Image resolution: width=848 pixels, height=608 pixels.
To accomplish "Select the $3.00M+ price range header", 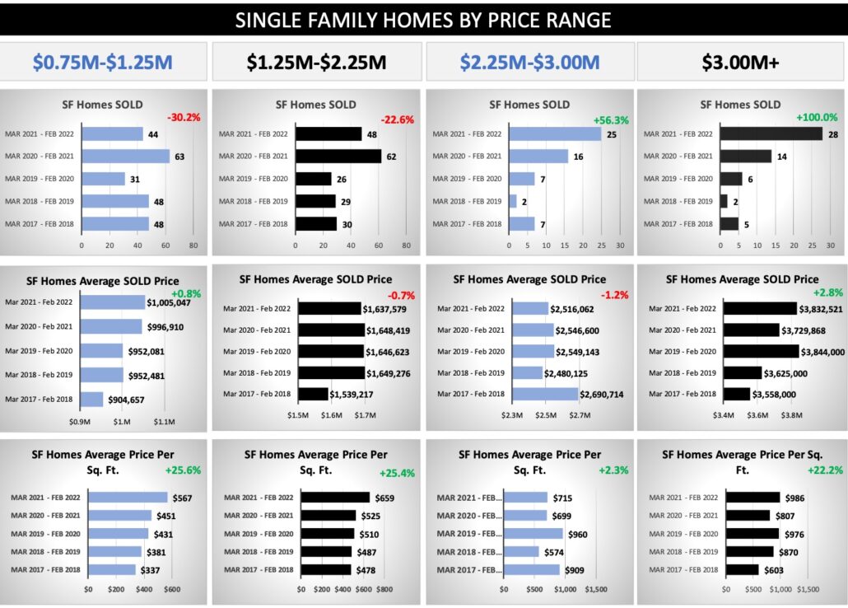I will click(x=741, y=62).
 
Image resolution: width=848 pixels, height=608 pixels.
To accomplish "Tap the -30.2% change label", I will click(x=184, y=118).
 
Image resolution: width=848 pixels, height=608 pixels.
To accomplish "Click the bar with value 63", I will click(x=125, y=157).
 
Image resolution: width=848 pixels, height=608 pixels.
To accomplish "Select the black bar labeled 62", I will click(x=338, y=157).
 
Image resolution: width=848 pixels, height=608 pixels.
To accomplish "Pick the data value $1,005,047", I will click(x=169, y=303).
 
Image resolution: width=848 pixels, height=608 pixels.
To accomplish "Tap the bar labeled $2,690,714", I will click(x=544, y=395).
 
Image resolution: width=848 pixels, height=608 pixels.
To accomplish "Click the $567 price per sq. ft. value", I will click(x=183, y=498).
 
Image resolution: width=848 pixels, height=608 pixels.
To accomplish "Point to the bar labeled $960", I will click(x=533, y=534).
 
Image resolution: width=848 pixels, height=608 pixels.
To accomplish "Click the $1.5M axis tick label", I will click(x=297, y=415).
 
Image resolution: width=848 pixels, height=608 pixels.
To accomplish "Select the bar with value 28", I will click(x=771, y=133).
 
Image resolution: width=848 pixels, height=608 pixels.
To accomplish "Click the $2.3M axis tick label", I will click(x=512, y=415).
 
